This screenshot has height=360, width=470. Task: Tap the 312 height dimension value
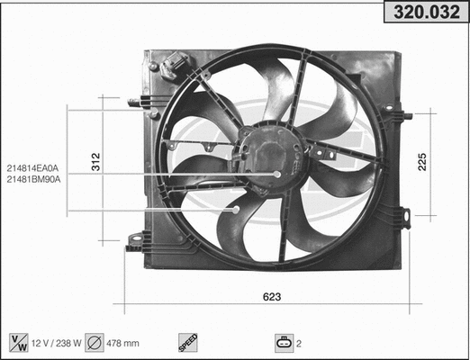click(95, 162)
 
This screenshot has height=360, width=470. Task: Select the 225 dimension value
click(421, 160)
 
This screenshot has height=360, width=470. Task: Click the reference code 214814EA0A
click(32, 167)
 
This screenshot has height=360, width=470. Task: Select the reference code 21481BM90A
click(32, 178)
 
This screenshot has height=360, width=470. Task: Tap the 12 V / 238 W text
click(58, 342)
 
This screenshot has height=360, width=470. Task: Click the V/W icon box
click(17, 342)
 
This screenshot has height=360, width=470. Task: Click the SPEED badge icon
click(186, 342)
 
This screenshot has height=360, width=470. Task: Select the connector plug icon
click(285, 342)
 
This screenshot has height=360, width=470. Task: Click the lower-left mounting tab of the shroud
click(137, 240)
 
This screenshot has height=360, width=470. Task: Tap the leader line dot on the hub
click(277, 174)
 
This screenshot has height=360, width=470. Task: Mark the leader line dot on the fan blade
click(237, 210)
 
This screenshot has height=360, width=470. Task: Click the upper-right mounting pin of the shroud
click(404, 115)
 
